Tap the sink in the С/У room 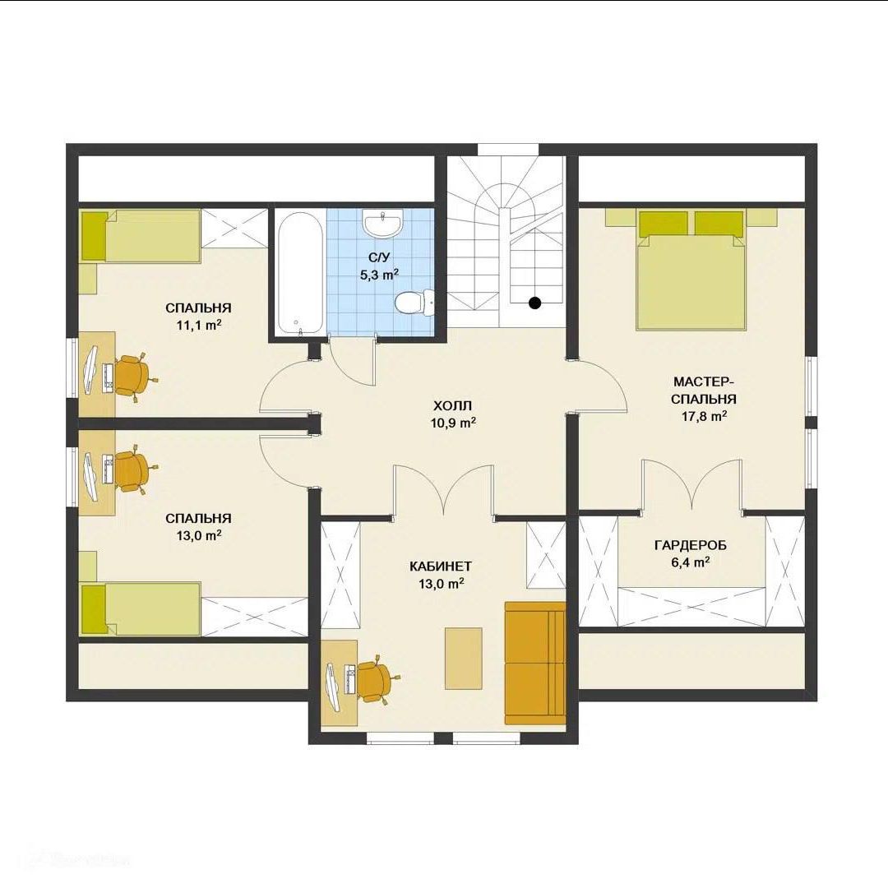[383, 223]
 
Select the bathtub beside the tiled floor [300, 274]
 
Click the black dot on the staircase [534, 303]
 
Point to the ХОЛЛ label [452, 405]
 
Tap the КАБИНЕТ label [441, 567]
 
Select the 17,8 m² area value [704, 416]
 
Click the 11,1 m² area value [198, 325]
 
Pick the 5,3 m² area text [379, 275]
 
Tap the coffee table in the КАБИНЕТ [463, 658]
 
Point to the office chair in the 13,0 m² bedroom [134, 469]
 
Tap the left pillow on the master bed [664, 223]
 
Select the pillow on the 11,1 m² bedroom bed [94, 236]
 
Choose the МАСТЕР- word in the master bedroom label [704, 381]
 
